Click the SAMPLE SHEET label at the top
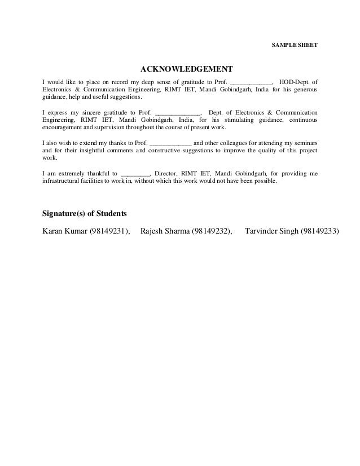pos(294,44)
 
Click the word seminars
pos(304,143)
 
